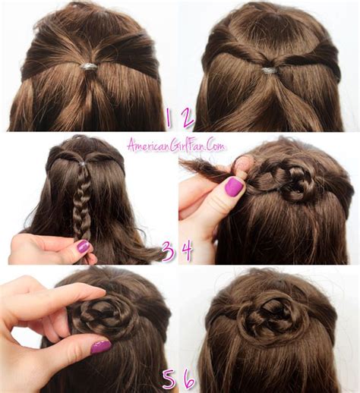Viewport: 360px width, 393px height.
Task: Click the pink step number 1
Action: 168,118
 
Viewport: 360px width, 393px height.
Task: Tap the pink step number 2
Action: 188,118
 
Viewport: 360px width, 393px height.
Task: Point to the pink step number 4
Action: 187,250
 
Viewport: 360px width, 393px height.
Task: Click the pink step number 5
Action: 169,379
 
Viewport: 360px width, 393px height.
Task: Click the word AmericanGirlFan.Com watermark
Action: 175,146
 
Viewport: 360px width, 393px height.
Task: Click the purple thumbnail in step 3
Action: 83,246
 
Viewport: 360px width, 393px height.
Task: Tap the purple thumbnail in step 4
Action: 234,187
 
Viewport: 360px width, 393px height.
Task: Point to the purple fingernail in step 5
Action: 101,347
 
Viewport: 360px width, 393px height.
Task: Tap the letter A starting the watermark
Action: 131,146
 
